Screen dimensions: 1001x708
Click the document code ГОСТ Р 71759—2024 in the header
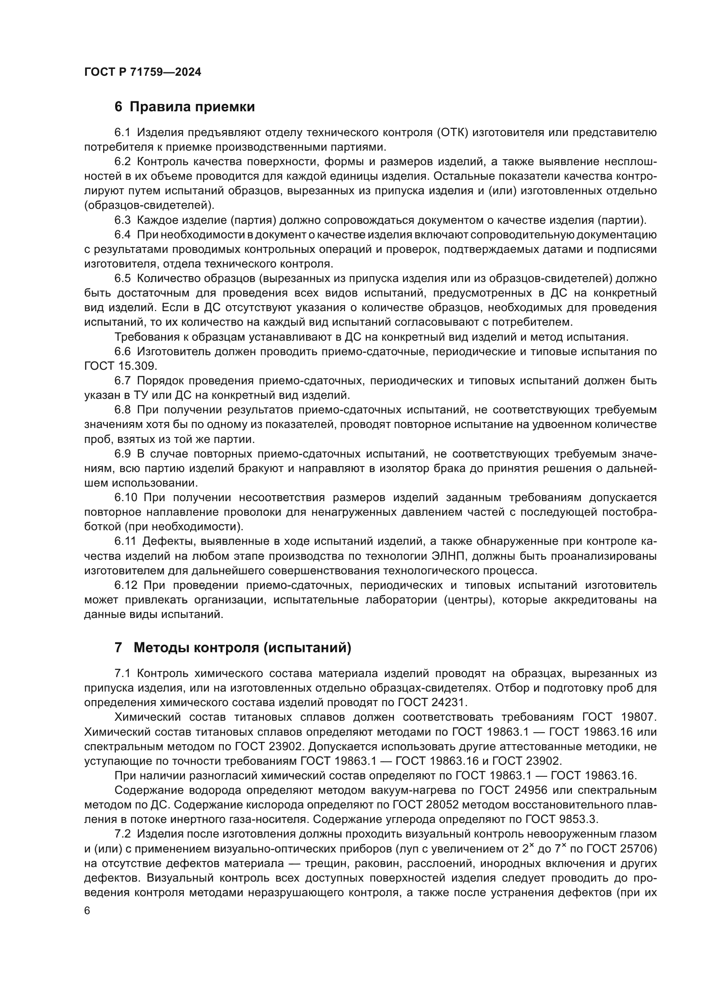coord(143,72)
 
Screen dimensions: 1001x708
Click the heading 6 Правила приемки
coord(184,107)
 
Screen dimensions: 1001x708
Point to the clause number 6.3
coord(122,220)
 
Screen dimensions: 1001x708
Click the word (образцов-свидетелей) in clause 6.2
coord(149,205)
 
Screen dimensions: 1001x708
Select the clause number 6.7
coord(122,381)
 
